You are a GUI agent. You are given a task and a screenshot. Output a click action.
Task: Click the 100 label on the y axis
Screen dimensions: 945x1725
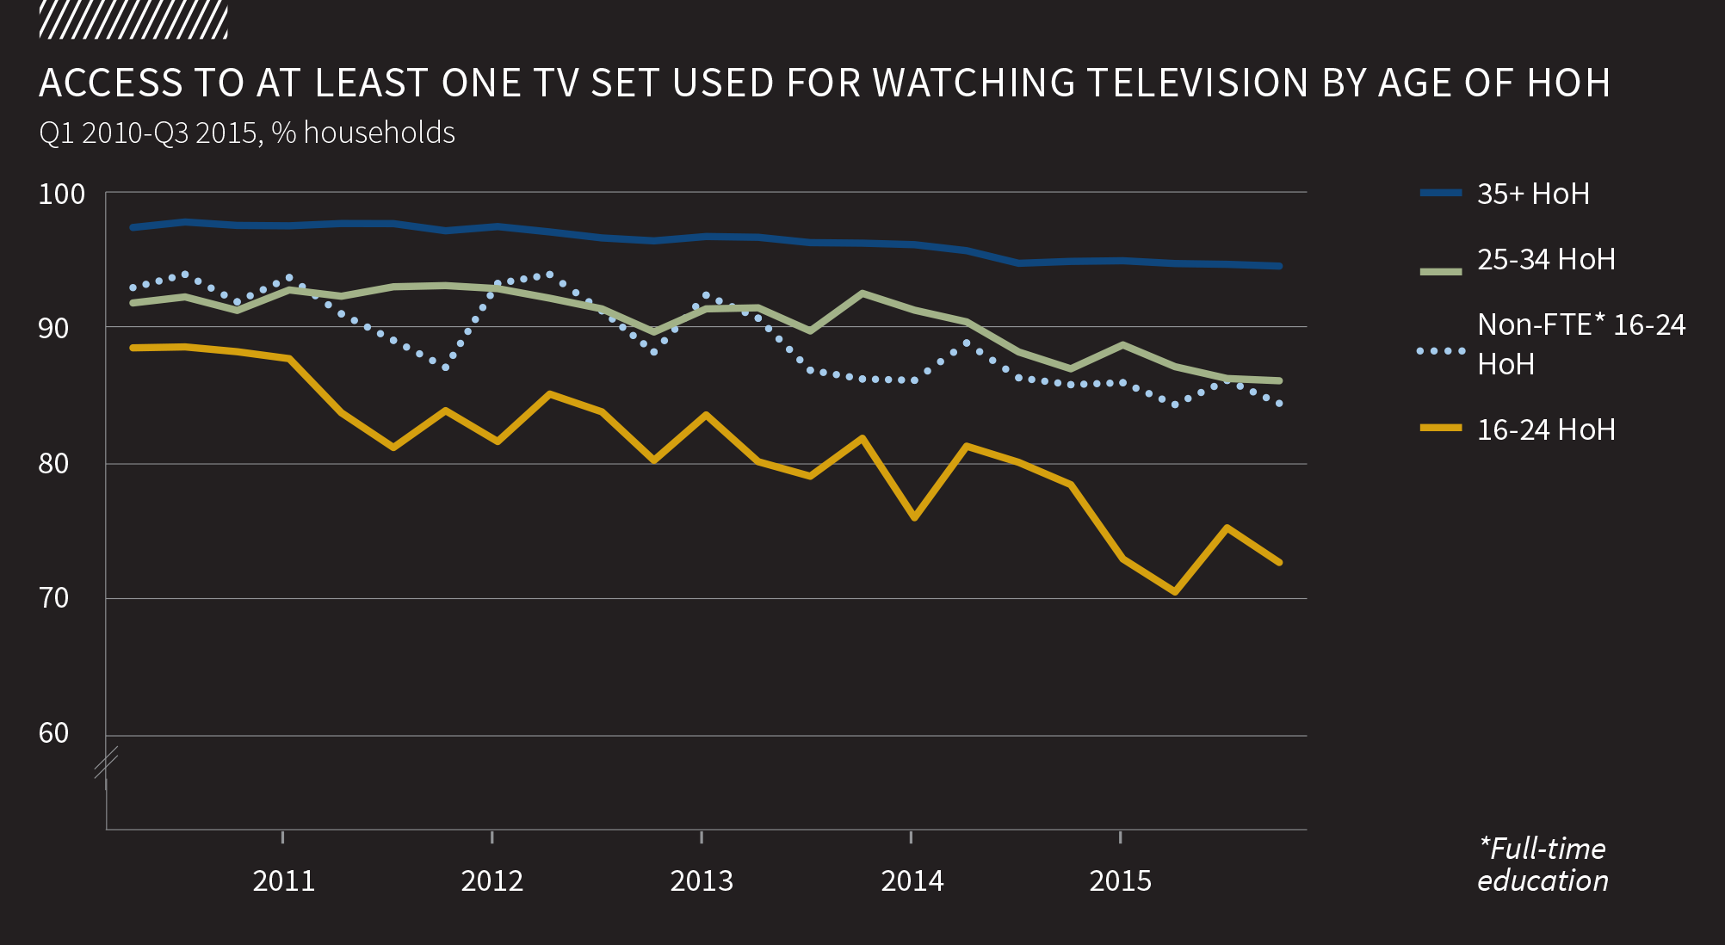62,195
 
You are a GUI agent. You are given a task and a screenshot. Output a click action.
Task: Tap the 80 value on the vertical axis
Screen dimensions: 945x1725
53,464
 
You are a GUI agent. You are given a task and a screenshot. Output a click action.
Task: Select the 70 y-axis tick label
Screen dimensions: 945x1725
53,598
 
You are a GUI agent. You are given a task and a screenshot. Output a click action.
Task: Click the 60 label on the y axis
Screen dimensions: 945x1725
53,733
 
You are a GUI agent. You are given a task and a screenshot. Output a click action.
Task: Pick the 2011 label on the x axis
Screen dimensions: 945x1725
283,881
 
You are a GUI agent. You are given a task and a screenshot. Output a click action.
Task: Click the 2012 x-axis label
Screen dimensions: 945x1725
492,881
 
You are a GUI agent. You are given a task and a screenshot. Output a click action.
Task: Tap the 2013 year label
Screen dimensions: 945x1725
702,881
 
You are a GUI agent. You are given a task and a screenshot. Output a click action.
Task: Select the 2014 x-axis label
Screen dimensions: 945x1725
912,881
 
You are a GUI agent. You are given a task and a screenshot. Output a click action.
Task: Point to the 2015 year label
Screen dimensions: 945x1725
1120,881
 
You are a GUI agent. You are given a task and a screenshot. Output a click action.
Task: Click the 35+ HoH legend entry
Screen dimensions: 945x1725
1533,195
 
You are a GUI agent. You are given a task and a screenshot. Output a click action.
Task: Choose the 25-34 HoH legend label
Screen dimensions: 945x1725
1546,260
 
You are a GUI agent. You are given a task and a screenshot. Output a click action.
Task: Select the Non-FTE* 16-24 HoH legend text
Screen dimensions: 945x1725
1580,344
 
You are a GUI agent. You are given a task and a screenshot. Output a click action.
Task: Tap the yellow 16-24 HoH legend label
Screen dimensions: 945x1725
1546,429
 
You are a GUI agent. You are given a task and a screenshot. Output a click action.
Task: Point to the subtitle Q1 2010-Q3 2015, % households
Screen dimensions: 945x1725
247,133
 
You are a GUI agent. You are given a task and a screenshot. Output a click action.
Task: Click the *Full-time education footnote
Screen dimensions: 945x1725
1543,865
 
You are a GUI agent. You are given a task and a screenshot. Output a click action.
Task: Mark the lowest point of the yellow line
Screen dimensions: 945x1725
1174,592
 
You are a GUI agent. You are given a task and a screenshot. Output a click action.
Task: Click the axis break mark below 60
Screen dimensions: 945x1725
106,763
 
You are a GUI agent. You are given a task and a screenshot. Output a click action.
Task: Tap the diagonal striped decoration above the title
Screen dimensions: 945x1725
133,21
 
